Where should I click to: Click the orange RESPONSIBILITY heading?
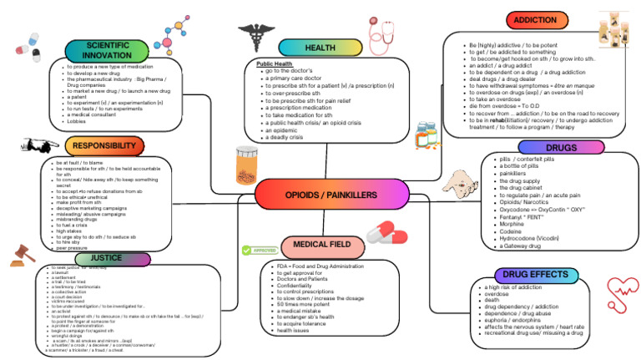[x=103, y=146]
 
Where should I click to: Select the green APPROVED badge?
[x=258, y=250]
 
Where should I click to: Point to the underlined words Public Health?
[x=274, y=64]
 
